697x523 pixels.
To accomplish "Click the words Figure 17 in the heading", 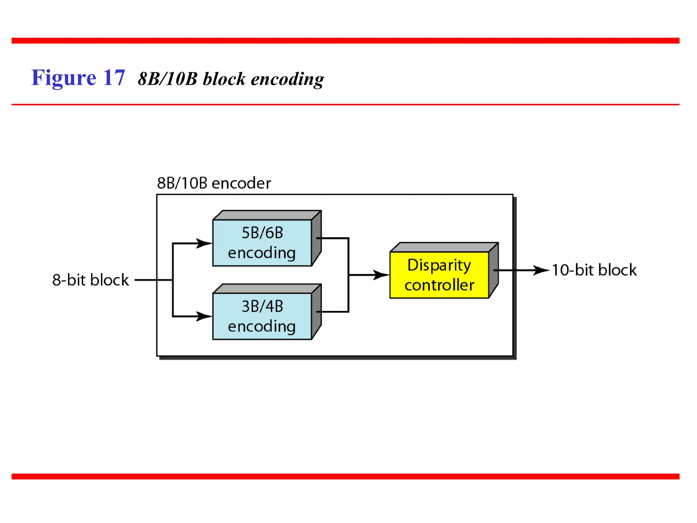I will (x=78, y=78).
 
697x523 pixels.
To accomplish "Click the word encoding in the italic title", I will (x=287, y=79).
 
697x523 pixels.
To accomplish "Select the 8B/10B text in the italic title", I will (x=167, y=79).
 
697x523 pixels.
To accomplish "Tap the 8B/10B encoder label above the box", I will (x=213, y=183).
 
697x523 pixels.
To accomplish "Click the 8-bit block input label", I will (x=90, y=280).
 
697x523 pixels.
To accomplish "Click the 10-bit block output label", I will (x=594, y=270).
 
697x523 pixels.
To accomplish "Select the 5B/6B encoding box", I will (x=262, y=243).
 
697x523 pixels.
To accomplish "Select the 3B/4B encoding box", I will (x=262, y=316).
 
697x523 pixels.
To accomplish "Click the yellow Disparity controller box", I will (x=439, y=275).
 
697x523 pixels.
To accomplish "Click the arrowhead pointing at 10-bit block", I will (x=541, y=270).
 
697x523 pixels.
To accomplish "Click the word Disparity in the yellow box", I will (x=439, y=265).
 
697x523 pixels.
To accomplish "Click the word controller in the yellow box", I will (x=439, y=285).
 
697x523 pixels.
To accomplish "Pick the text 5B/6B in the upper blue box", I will (x=262, y=233).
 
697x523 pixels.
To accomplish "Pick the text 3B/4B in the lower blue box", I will (x=262, y=306).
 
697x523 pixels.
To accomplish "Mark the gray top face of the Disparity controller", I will (x=444, y=247).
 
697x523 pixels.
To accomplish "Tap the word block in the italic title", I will (x=224, y=79).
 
